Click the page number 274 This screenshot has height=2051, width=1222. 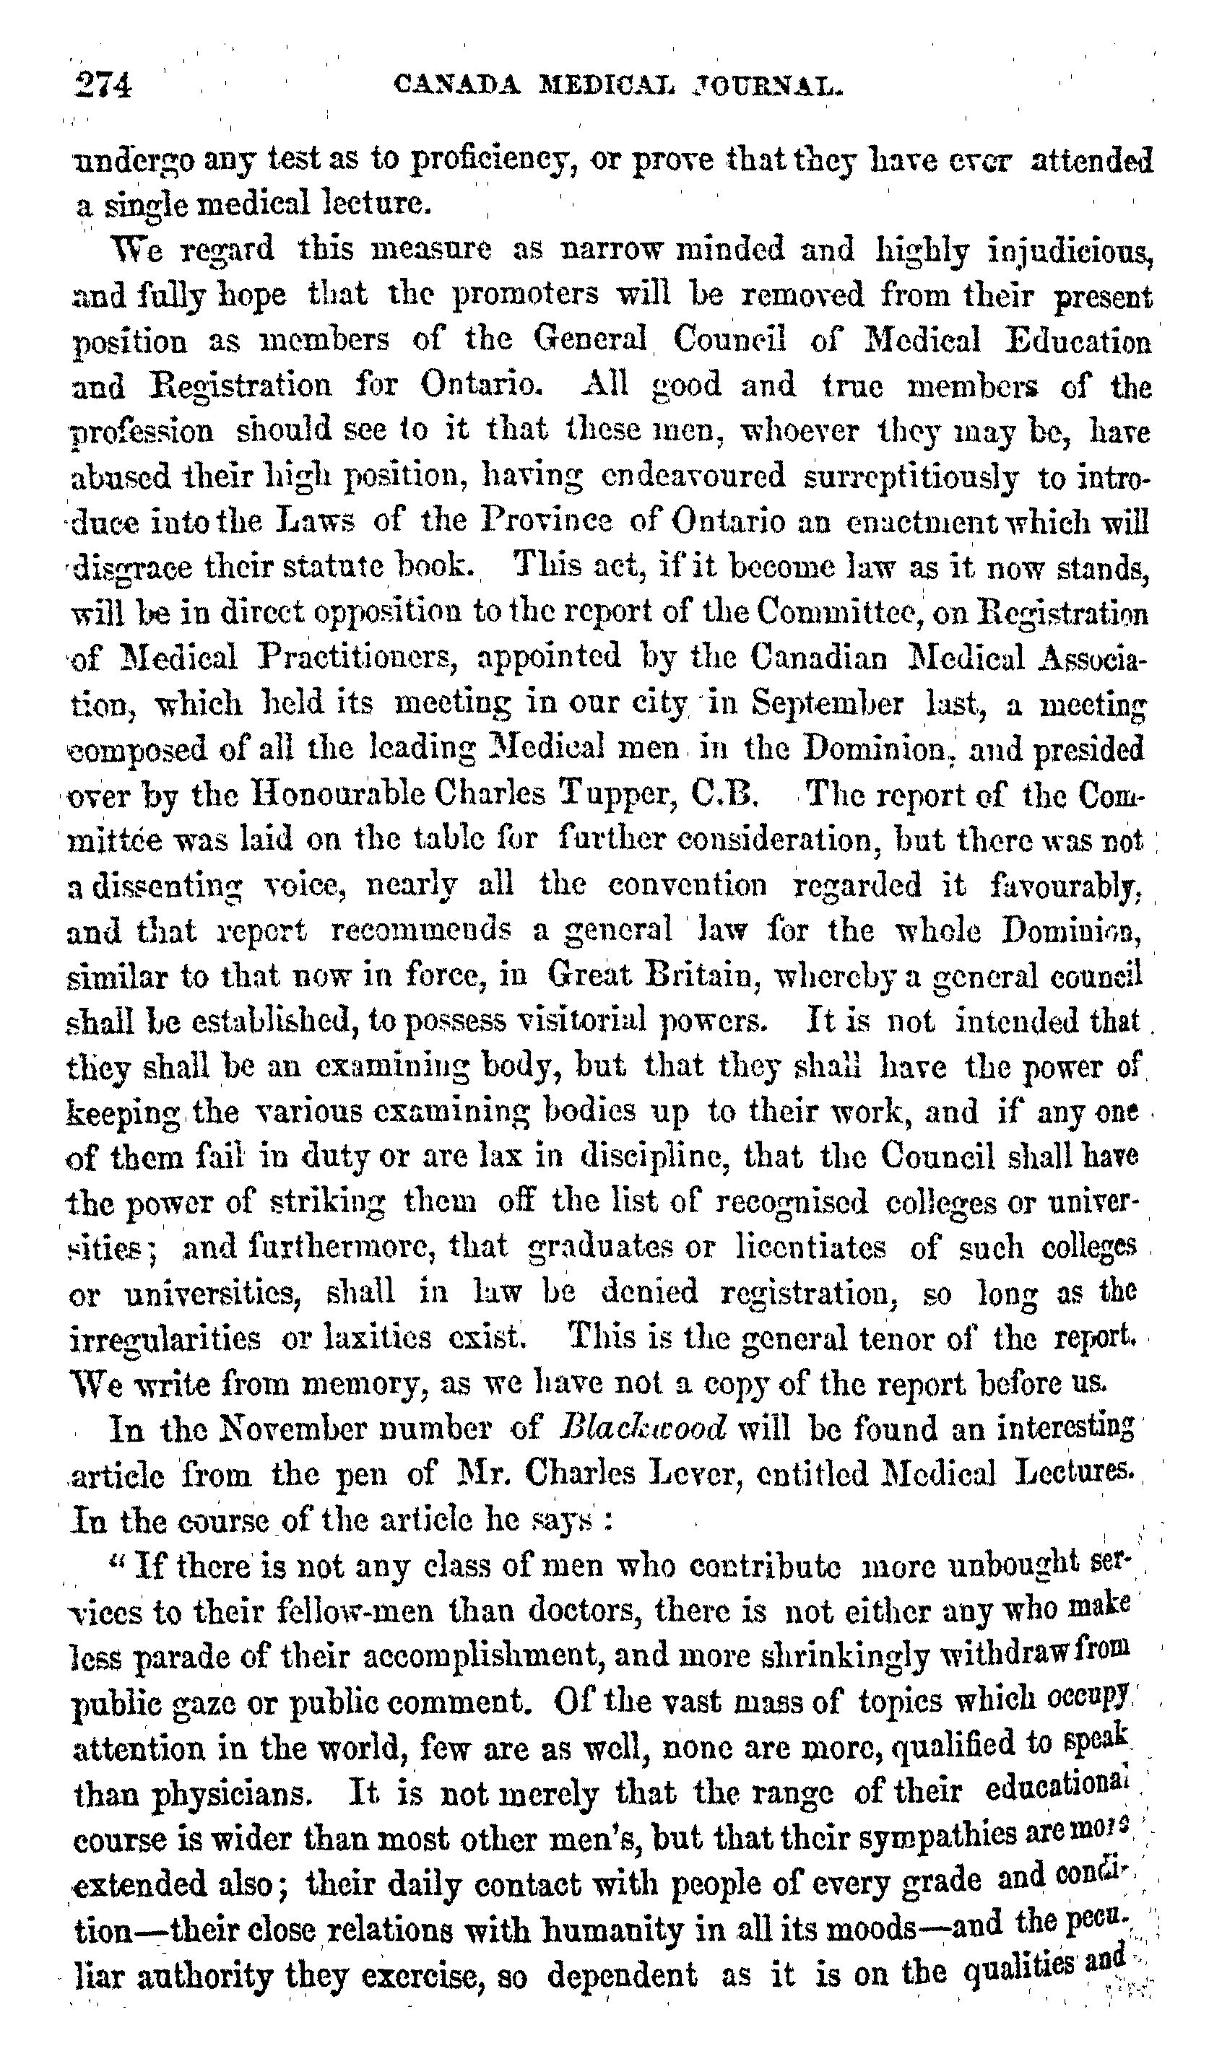coord(103,86)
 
